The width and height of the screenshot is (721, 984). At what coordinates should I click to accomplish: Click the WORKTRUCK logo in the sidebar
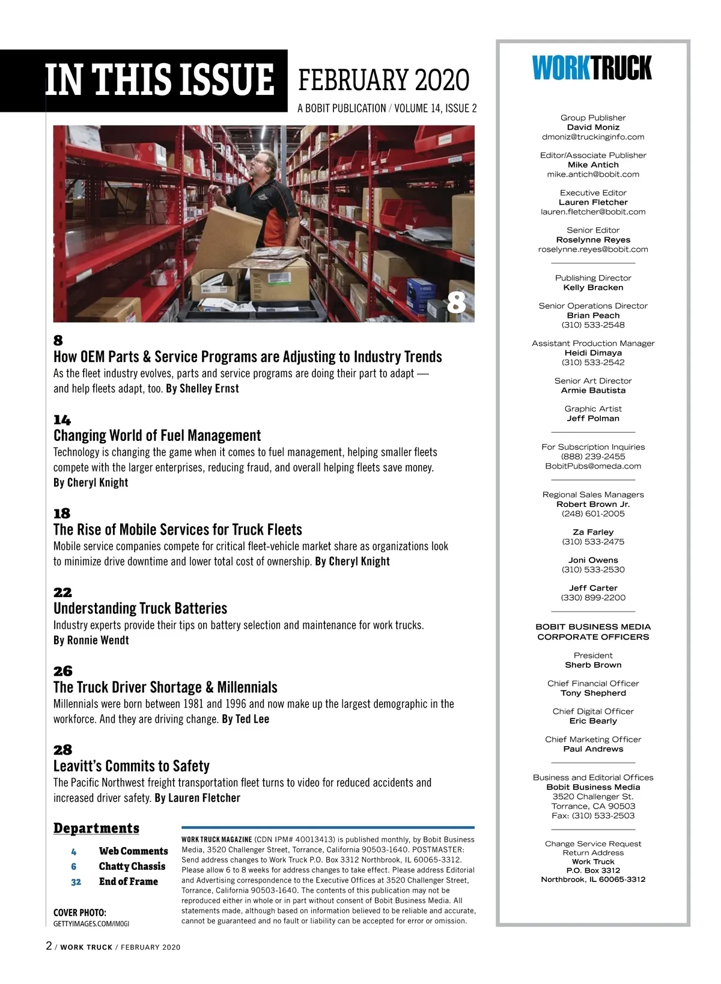(x=592, y=68)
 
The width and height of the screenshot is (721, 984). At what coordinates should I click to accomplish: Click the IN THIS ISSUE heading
(x=160, y=80)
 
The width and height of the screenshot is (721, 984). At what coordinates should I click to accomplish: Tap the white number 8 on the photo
(x=456, y=302)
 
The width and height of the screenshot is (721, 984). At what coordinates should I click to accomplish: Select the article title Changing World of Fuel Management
(x=157, y=436)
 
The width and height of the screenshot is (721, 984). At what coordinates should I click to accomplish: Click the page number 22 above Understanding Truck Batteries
(x=62, y=592)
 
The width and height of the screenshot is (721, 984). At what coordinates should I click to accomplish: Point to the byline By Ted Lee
(x=245, y=719)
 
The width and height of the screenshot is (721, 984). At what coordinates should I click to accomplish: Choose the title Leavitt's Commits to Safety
(x=132, y=766)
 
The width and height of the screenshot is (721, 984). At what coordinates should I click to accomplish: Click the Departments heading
(x=96, y=828)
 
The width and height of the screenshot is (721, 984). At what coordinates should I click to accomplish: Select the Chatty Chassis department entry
(x=132, y=866)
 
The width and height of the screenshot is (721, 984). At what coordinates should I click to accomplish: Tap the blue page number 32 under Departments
(x=76, y=882)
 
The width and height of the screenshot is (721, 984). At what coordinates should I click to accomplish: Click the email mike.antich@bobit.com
(x=593, y=174)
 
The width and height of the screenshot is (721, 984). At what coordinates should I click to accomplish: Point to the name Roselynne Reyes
(x=593, y=240)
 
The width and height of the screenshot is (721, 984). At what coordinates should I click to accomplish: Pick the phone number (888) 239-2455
(x=593, y=457)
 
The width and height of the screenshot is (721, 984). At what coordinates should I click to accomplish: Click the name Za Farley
(x=593, y=532)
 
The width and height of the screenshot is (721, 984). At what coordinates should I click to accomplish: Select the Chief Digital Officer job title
(x=593, y=711)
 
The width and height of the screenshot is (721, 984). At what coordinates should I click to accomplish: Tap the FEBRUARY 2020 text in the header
(x=383, y=80)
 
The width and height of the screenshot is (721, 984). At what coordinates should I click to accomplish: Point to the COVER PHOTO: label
(x=80, y=913)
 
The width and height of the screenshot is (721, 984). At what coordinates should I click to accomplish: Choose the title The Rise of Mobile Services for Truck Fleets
(x=178, y=530)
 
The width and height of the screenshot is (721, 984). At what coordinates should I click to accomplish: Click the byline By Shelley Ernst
(x=202, y=389)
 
